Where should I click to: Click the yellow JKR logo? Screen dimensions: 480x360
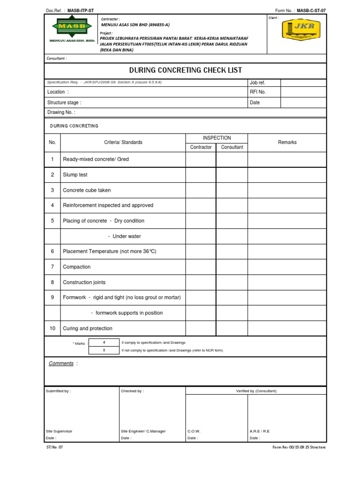point(301,30)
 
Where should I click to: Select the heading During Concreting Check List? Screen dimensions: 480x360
point(186,70)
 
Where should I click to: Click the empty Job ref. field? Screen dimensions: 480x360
point(303,82)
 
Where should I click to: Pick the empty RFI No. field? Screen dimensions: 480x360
point(303,92)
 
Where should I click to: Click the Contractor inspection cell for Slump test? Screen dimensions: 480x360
point(201,175)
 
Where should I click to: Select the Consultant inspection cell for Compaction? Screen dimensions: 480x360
point(232,267)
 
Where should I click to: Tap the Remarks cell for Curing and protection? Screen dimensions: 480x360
point(287,328)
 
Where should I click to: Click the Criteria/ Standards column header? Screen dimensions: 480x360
point(123,142)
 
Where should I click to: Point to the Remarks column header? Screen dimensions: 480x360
point(287,142)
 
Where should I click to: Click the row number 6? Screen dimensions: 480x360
point(52,251)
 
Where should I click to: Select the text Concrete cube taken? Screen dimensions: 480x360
point(87,190)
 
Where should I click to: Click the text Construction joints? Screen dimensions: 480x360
point(84,282)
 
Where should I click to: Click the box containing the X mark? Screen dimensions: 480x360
point(104,350)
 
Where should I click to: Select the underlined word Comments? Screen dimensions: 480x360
point(61,364)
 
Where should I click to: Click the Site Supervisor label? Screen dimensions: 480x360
point(59,431)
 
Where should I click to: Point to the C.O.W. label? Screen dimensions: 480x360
point(194,431)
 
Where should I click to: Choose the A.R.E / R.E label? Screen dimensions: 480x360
point(260,431)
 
